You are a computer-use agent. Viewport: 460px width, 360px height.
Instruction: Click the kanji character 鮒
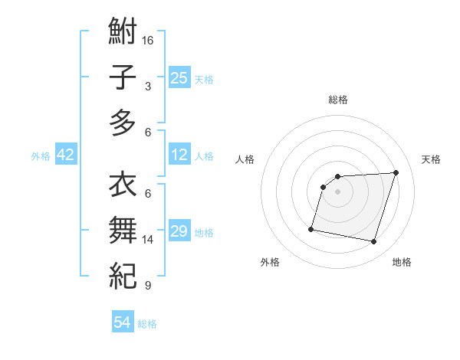[x=123, y=32]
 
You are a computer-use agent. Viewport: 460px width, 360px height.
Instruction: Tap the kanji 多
[x=123, y=122]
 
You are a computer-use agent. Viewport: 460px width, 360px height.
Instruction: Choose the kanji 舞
[x=123, y=230]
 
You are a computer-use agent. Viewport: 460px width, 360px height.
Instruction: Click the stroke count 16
[x=148, y=40]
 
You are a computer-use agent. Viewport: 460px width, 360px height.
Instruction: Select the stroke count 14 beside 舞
[x=148, y=240]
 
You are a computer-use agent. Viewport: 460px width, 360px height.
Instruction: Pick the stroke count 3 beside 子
[x=148, y=87]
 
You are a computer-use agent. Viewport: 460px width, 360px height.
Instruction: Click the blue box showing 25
[x=179, y=77]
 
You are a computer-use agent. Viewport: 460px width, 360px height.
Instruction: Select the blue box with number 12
[x=179, y=155]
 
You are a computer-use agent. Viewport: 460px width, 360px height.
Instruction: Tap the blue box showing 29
[x=179, y=231]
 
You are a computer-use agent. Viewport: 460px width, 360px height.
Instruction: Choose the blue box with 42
[x=66, y=155]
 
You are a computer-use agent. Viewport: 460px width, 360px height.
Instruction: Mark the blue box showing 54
[x=122, y=322]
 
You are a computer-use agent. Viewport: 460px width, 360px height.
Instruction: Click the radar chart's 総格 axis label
[x=338, y=100]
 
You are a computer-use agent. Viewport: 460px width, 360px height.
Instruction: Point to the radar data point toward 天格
[x=396, y=172]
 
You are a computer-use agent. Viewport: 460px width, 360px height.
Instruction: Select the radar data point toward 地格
[x=374, y=242]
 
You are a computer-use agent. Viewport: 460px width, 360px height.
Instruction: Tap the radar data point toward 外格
[x=311, y=229]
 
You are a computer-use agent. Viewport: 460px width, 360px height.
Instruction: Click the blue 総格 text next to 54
[x=147, y=324]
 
